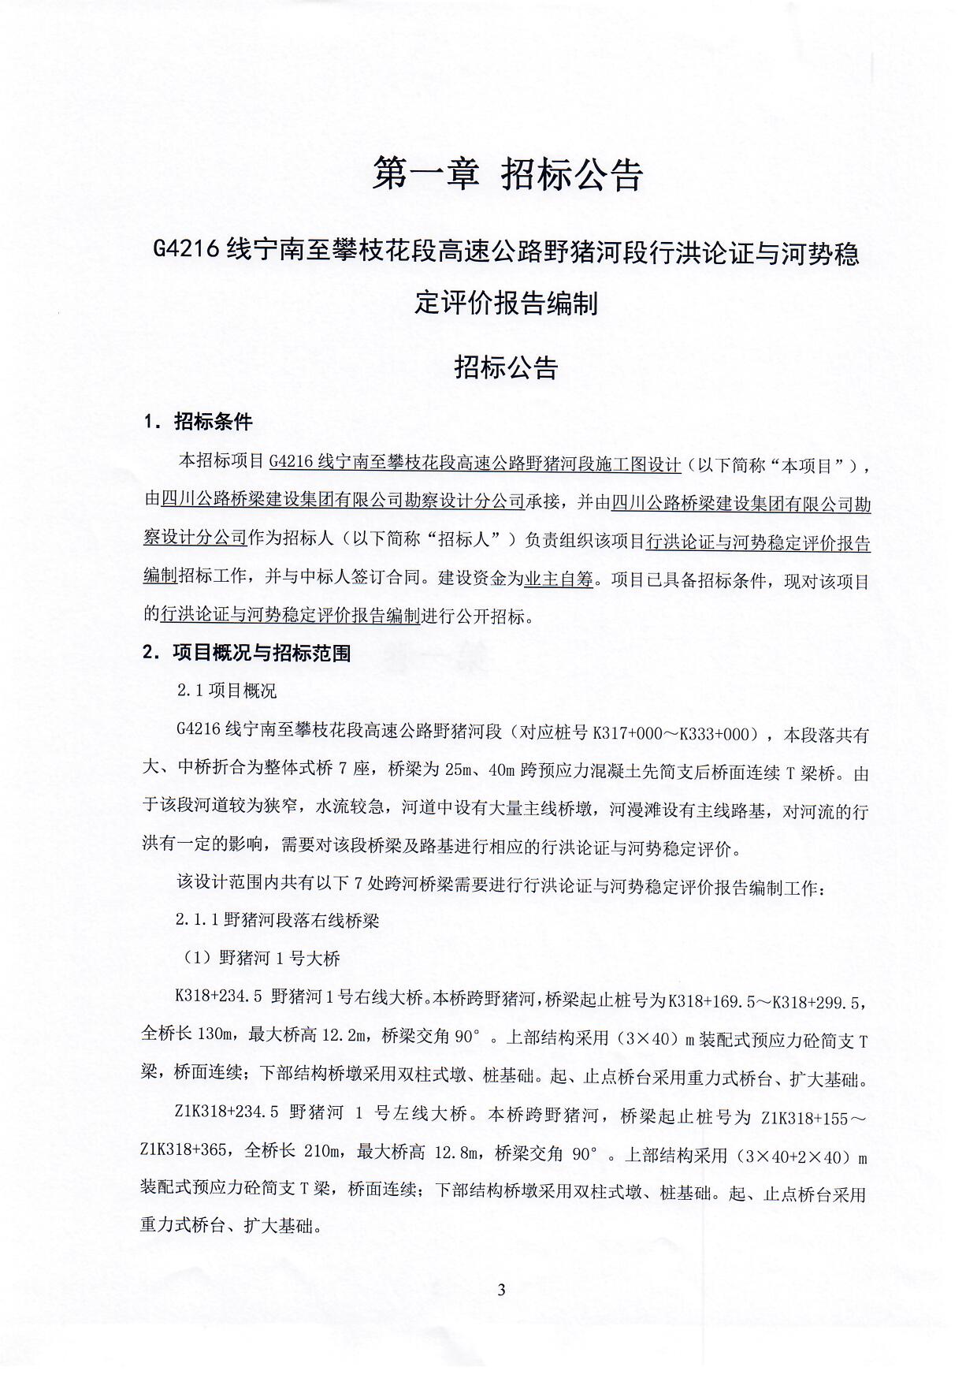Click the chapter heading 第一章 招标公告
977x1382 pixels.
(507, 174)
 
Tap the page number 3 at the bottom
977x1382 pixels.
(501, 1291)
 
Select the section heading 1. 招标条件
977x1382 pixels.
(198, 422)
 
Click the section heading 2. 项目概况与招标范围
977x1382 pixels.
(247, 653)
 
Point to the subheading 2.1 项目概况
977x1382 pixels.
(227, 691)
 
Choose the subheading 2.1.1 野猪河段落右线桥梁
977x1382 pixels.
(277, 920)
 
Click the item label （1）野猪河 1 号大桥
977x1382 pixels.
(257, 959)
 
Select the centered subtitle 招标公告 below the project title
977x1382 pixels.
(506, 368)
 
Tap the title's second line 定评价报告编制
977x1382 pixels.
(506, 303)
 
